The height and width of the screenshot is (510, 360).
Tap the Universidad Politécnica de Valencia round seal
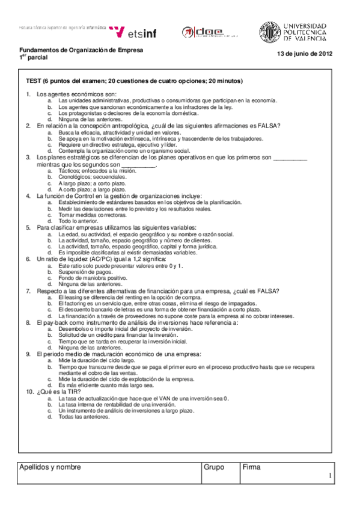tap(269, 32)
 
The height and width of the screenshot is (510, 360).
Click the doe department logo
tap(203, 32)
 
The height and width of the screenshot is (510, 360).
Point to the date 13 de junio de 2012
tap(304, 54)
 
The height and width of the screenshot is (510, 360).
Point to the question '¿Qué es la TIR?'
tap(59, 392)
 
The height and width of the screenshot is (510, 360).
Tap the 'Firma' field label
tap(251, 467)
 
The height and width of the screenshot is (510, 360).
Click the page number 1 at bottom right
tap(331, 478)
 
